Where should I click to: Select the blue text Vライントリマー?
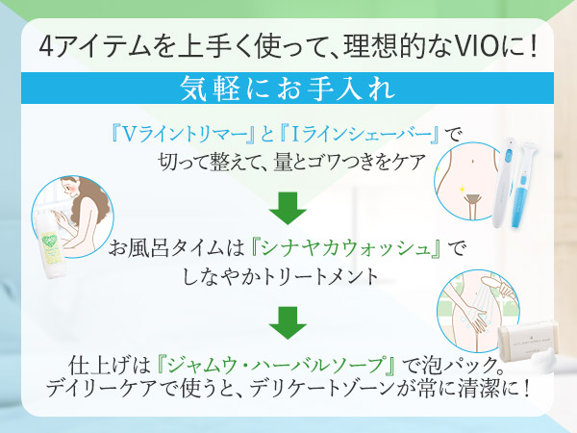click(170, 132)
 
